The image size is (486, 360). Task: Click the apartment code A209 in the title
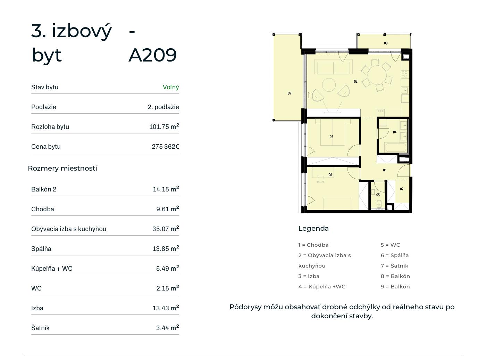tap(152, 55)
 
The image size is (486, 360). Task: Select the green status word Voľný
tap(171, 87)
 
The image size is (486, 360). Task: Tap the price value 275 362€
tap(165, 146)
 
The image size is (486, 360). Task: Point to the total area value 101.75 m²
tap(164, 126)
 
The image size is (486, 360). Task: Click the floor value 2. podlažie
tap(163, 107)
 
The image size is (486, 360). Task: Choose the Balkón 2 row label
tap(44, 189)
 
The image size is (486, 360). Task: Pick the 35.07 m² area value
tap(166, 229)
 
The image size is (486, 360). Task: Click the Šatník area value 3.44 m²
tap(167, 328)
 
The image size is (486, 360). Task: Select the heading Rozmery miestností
tap(62, 168)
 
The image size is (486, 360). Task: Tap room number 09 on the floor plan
tap(289, 93)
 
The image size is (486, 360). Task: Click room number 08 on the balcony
tap(386, 43)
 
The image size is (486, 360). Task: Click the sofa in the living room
tap(333, 67)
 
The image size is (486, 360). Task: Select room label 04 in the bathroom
tap(395, 132)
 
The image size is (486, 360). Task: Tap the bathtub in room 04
tap(396, 147)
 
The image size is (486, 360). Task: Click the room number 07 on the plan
tap(402, 189)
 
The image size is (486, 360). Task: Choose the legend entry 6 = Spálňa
tap(395, 255)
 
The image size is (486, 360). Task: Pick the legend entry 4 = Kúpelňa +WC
tap(322, 287)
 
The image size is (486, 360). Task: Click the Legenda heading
tap(313, 228)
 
